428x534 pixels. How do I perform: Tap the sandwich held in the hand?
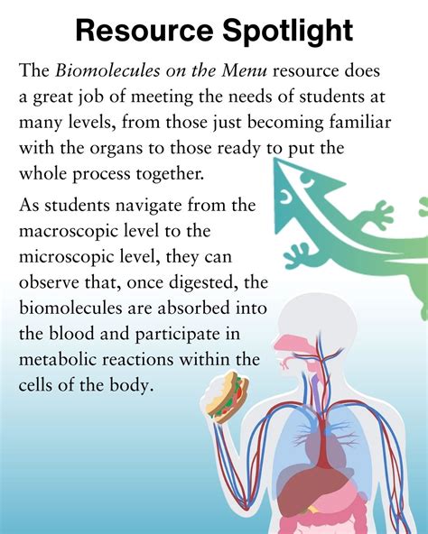(x=227, y=396)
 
